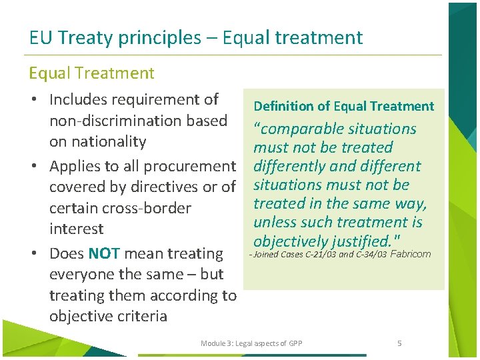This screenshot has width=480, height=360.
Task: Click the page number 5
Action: point(399,343)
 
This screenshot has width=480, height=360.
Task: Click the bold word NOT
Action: point(103,253)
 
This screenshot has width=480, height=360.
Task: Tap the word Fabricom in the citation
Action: point(410,254)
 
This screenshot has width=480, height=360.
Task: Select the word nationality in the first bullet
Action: point(97,141)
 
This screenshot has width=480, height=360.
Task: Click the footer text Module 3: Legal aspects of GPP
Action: point(251,343)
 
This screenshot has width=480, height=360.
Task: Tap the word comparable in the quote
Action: point(304,129)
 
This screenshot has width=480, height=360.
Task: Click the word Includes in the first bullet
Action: point(82,100)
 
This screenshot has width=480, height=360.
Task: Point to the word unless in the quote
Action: point(275,222)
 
